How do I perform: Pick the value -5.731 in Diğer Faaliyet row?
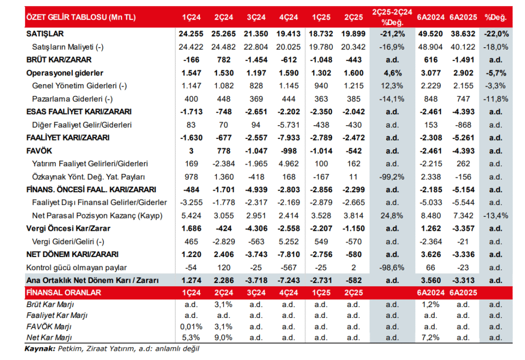(289, 125)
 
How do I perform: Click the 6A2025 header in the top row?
(462, 17)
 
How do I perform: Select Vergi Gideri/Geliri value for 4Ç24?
(289, 241)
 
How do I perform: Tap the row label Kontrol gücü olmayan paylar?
(76, 267)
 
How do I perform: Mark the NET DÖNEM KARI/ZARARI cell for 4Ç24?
(289, 254)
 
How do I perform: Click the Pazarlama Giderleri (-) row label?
(68, 98)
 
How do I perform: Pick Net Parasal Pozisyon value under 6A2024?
(430, 215)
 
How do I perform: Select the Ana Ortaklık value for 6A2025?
(462, 280)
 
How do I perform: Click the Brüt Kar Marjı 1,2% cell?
(430, 305)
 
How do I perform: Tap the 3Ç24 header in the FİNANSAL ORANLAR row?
(256, 292)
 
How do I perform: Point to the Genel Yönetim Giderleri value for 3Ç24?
(256, 86)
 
